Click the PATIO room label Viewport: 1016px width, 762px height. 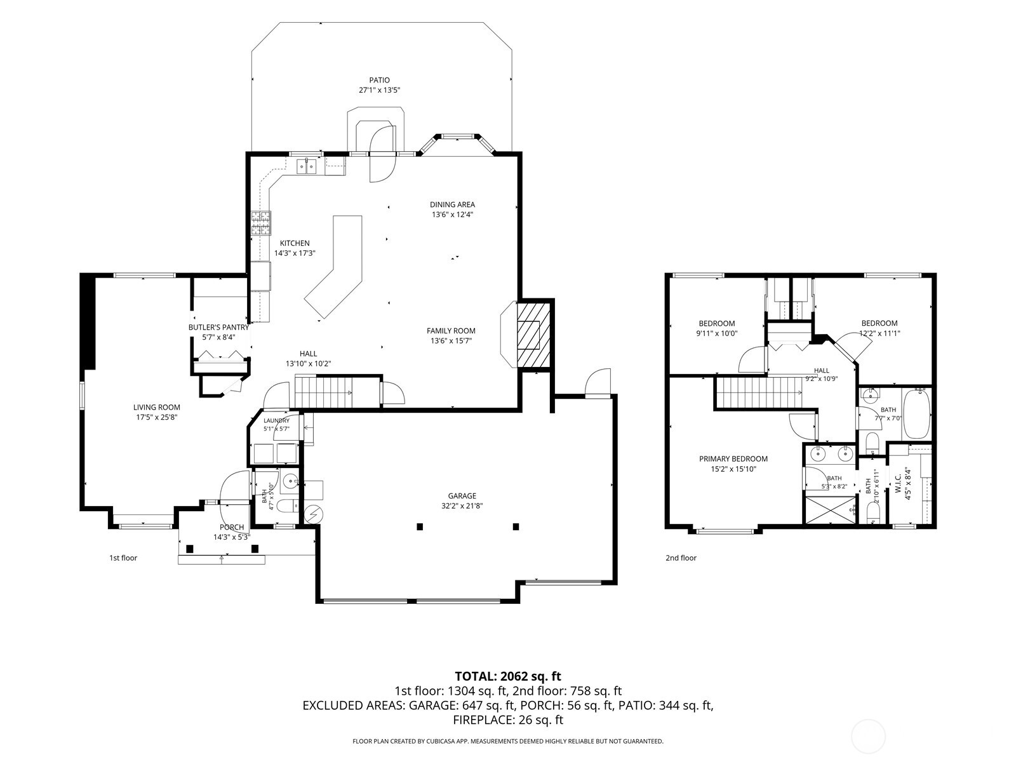tap(379, 80)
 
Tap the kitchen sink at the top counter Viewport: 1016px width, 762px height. tap(307, 166)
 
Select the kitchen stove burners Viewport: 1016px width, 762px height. tap(261, 223)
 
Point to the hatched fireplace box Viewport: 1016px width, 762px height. tap(533, 335)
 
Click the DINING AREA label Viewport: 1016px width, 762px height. tap(452, 204)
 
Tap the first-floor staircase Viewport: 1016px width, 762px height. tap(324, 392)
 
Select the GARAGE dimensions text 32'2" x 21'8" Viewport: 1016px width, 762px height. tap(462, 506)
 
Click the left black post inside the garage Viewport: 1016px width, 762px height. tap(420, 526)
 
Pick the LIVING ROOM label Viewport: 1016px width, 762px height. tap(156, 407)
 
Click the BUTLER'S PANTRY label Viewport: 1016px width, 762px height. tap(218, 327)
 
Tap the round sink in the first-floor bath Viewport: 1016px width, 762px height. tap(290, 481)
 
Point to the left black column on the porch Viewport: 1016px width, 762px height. tap(189, 549)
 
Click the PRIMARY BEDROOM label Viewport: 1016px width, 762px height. tap(733, 459)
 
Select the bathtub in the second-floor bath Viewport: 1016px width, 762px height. tap(916, 413)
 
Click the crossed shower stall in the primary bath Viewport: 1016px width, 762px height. tap(831, 511)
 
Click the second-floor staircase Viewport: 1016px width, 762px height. tap(759, 392)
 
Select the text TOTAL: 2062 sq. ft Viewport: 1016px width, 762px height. tap(508, 676)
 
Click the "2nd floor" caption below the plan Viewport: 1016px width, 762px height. tap(681, 558)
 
